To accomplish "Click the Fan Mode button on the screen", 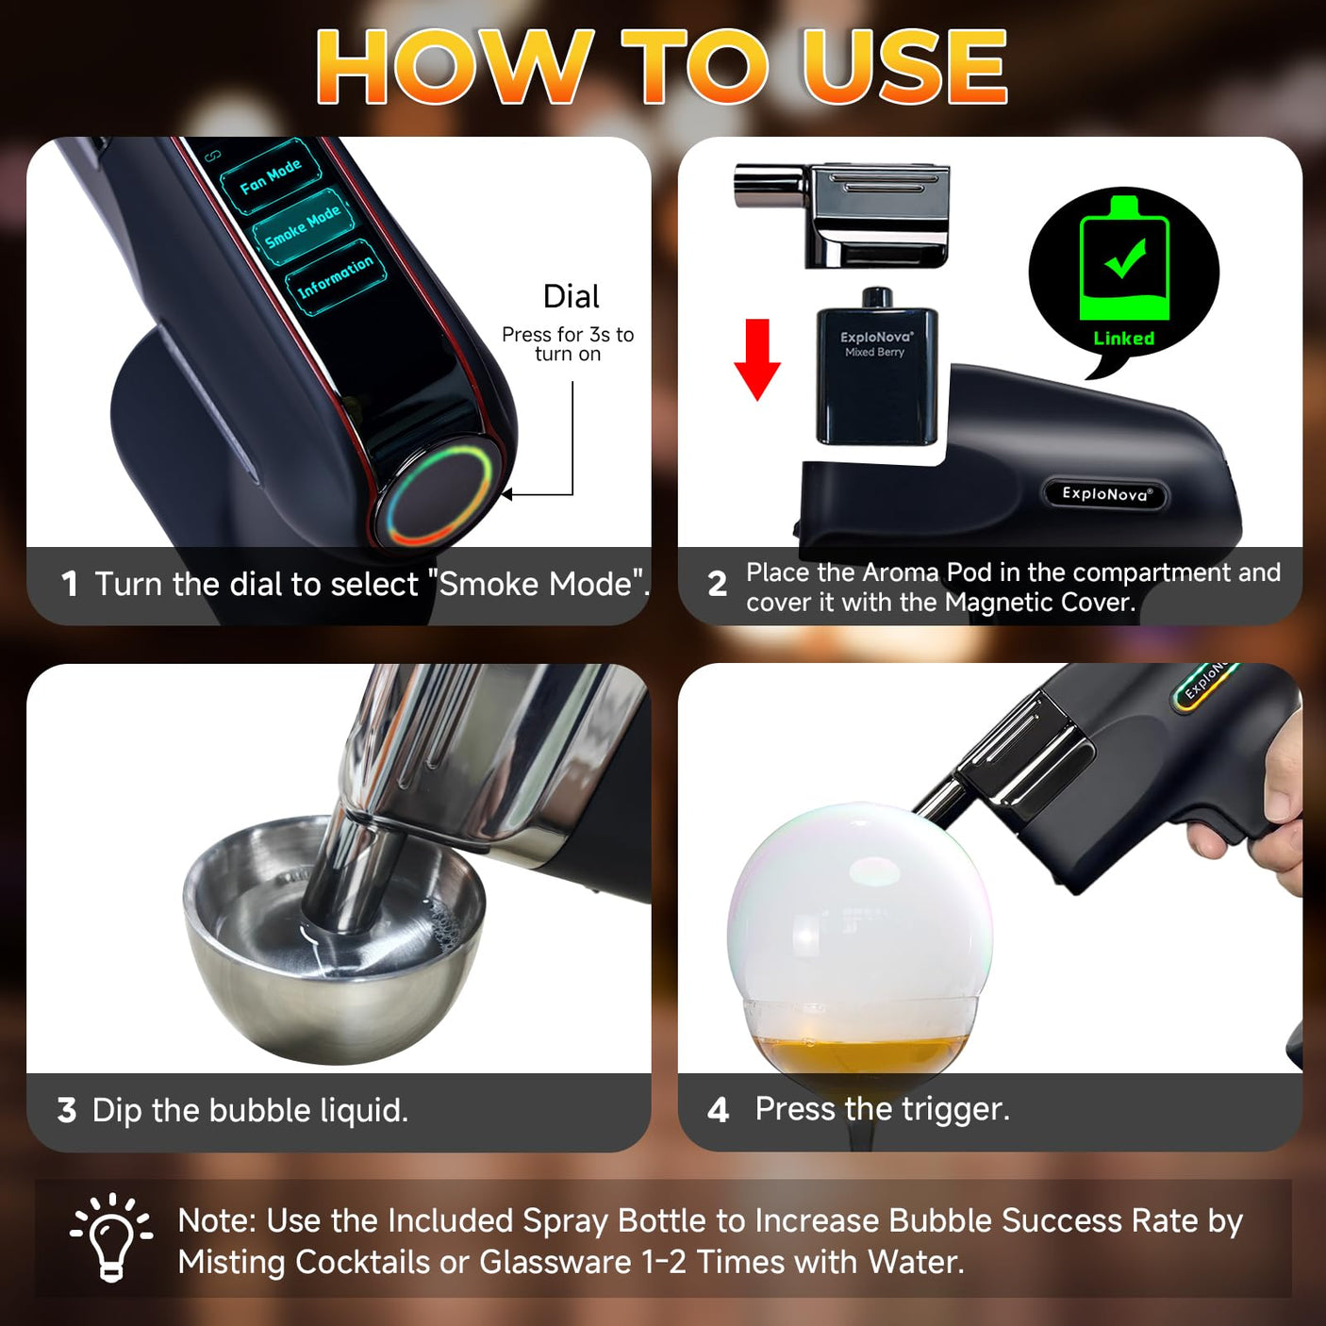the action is pyautogui.click(x=270, y=177).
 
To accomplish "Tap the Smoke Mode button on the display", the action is pyautogui.click(x=303, y=226).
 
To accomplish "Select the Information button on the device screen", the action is pyautogui.click(x=336, y=277).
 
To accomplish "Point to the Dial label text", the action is pyautogui.click(x=571, y=296).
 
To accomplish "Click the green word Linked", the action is pyautogui.click(x=1123, y=338).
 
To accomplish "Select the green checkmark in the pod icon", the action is pyautogui.click(x=1126, y=257).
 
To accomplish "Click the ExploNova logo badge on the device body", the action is pyautogui.click(x=1105, y=493).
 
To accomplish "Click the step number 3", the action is pyautogui.click(x=67, y=1111).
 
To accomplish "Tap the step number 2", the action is pyautogui.click(x=717, y=584).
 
